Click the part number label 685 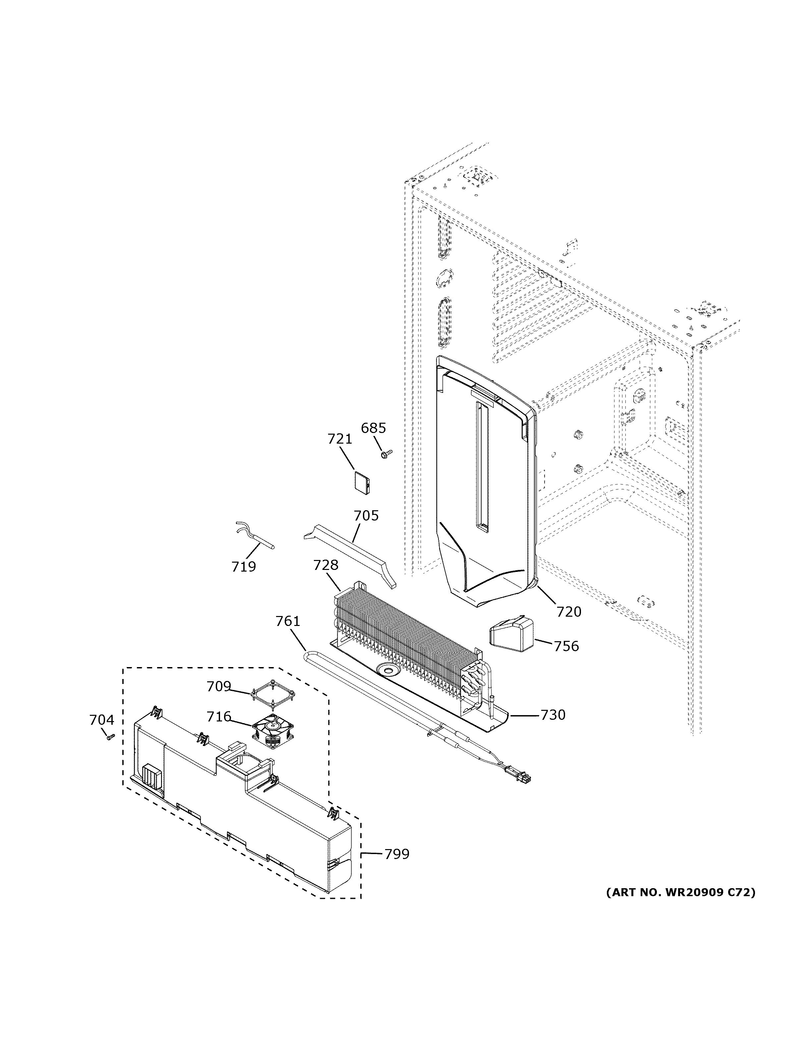click(373, 428)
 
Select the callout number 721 click(340, 439)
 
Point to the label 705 click(366, 516)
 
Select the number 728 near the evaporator click(326, 565)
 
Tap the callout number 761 click(287, 622)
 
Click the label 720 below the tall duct click(569, 612)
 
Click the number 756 click(566, 647)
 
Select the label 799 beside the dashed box click(397, 854)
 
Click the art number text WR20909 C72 click(680, 893)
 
